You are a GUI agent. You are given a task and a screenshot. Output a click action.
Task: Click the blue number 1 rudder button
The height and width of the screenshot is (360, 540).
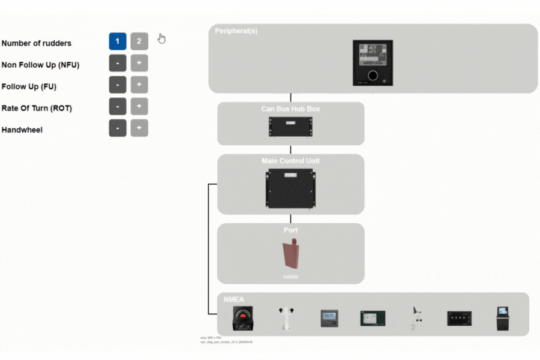[x=118, y=41]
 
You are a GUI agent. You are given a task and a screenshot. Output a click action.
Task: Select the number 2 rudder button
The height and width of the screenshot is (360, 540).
[x=139, y=41]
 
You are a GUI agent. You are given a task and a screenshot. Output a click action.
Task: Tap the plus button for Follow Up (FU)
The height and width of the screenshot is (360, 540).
[x=139, y=85]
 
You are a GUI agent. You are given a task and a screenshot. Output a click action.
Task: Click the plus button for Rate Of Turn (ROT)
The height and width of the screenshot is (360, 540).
[x=139, y=106]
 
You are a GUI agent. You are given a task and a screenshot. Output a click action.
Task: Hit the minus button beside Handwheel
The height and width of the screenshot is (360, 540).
[x=118, y=128]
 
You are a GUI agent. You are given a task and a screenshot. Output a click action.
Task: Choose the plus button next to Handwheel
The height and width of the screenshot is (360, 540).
[x=139, y=128]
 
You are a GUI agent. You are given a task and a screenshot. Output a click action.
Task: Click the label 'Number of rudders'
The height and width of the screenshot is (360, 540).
[x=37, y=43]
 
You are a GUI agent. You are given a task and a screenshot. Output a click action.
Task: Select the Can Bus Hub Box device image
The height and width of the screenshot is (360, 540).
[x=290, y=126]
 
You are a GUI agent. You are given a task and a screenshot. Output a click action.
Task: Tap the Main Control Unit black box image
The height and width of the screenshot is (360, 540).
[x=290, y=188]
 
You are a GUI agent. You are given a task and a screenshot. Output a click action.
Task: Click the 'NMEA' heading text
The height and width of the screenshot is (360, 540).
[x=234, y=299]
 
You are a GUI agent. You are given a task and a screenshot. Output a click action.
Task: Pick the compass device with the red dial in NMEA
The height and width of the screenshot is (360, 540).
[x=242, y=318]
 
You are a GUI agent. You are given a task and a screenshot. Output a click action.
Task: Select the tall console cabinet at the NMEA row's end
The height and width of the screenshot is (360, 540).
[x=502, y=318]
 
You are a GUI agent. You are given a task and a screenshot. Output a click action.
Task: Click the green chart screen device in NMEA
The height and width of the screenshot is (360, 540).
[x=373, y=318]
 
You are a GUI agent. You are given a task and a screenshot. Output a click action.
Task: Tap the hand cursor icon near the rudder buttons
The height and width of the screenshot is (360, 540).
[x=161, y=38]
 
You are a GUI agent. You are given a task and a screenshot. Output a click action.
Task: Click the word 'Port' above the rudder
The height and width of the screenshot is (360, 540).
[x=290, y=230]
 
